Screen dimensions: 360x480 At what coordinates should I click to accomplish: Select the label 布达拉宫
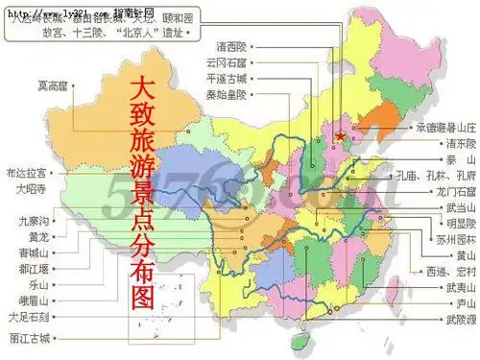pos(26,174)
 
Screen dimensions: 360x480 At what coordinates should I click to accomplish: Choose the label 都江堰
pos(34,270)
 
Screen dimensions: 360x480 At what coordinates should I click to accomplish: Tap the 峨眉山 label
pos(34,300)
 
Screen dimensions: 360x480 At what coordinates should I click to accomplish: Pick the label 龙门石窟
pos(443,193)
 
